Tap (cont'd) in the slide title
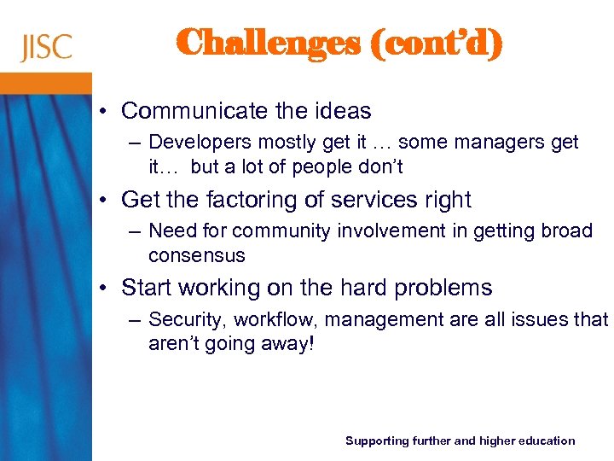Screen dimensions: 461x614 tap(437, 43)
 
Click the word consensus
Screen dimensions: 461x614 tap(196, 255)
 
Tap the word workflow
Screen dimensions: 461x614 tap(265, 320)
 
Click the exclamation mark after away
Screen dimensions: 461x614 tap(312, 343)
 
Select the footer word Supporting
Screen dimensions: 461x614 tap(376, 441)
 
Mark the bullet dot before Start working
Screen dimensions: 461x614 tap(103, 289)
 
